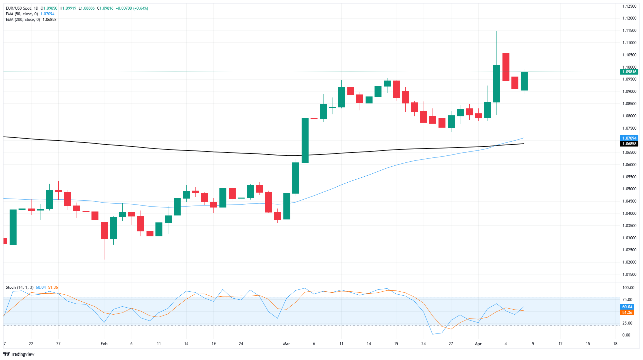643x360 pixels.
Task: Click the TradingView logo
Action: pos(19,354)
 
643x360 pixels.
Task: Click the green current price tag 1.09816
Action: pos(629,72)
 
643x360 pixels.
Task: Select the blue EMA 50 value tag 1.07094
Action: pos(629,138)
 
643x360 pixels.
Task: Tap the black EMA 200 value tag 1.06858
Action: pos(629,144)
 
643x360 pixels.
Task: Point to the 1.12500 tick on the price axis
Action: pos(629,6)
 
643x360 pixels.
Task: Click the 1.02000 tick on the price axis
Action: pos(629,262)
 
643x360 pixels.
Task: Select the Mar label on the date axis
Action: pos(286,344)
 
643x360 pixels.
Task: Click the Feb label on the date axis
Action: pos(104,344)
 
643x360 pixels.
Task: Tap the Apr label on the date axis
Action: pos(478,344)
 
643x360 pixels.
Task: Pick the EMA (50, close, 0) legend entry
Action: pos(22,14)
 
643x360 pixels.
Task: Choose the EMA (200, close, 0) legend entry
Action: pos(23,20)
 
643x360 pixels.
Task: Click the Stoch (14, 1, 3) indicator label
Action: pos(20,287)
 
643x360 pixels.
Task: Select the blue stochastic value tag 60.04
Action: pos(627,307)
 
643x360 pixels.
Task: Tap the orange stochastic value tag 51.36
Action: pos(627,313)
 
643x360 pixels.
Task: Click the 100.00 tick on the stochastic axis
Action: pos(628,288)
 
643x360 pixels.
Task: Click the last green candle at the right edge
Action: pos(524,81)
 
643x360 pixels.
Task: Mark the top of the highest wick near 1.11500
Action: pos(497,31)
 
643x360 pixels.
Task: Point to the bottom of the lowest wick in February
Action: pos(104,259)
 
